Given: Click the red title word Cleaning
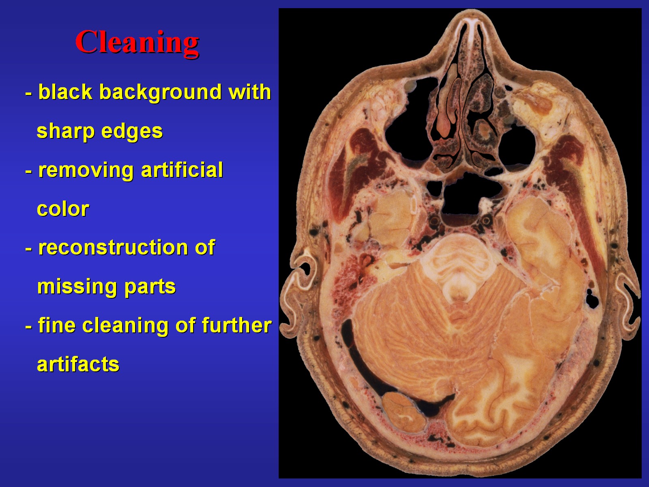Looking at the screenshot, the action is click(x=137, y=43).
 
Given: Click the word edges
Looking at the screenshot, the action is click(x=132, y=132).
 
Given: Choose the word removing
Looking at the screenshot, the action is click(x=86, y=171).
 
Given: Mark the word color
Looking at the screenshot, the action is click(x=63, y=209).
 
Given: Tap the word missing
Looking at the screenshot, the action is click(x=77, y=287).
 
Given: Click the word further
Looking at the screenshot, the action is click(x=236, y=325).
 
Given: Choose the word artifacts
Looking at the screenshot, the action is click(x=78, y=364).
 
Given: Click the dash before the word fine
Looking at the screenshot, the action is click(x=29, y=327).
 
